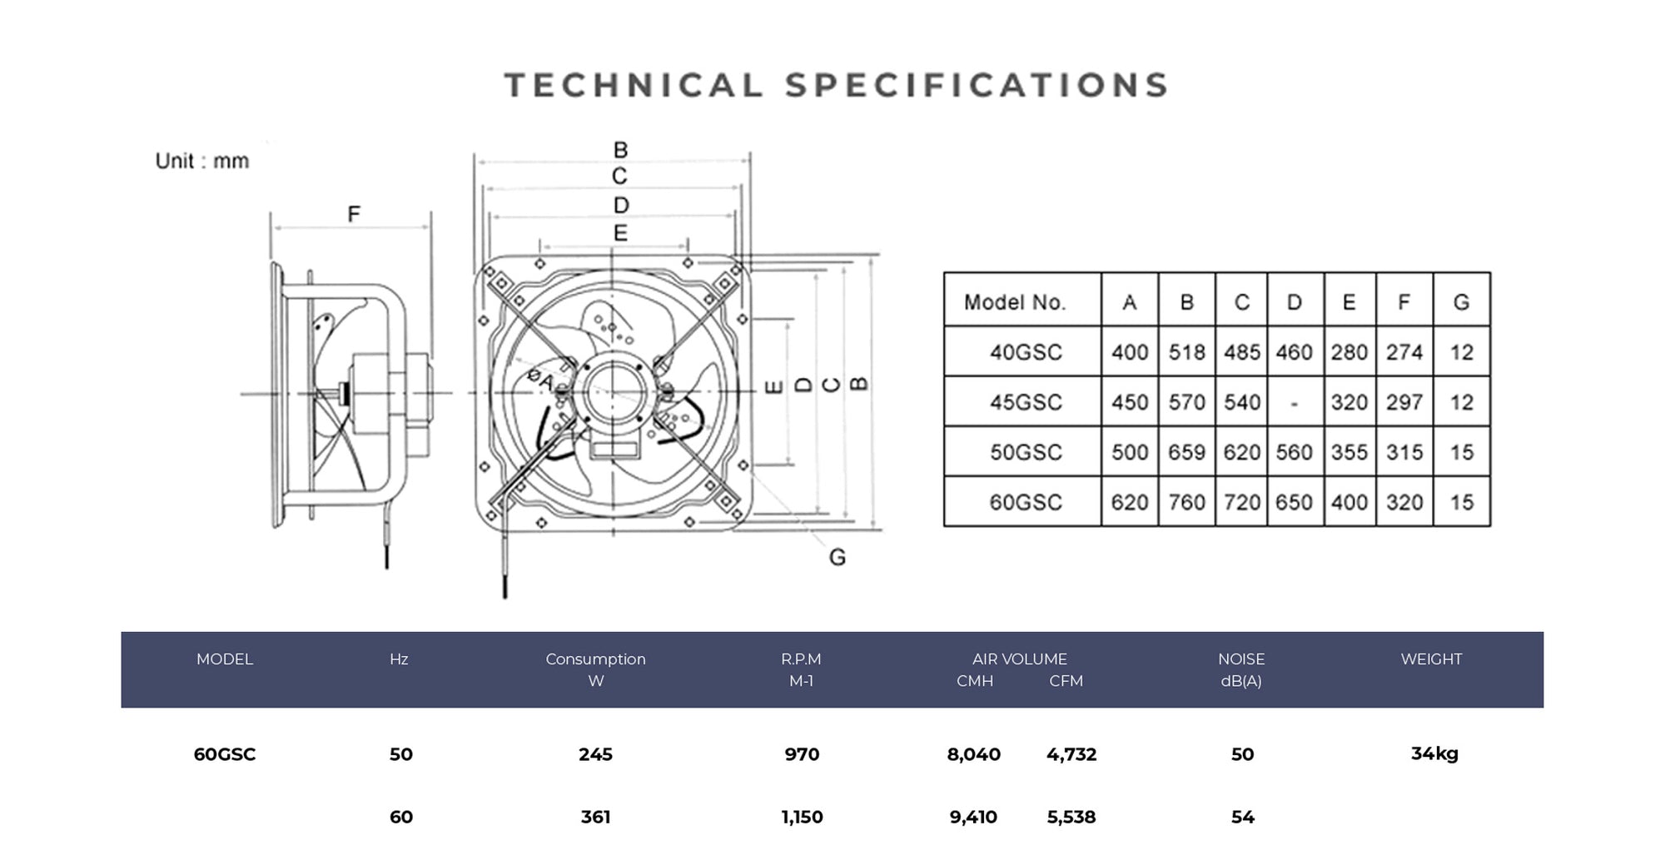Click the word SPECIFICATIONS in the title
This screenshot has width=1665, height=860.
(977, 86)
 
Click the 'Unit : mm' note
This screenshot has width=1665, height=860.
(201, 161)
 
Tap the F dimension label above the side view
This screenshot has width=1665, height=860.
(354, 214)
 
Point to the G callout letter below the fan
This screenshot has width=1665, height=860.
(837, 557)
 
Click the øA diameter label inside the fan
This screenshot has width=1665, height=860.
(539, 380)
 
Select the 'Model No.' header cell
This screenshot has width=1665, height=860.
(1015, 302)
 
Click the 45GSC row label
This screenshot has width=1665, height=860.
(1026, 402)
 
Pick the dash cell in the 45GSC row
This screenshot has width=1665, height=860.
(1294, 403)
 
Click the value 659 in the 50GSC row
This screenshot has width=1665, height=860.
(1186, 452)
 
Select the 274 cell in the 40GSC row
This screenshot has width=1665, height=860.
(1404, 352)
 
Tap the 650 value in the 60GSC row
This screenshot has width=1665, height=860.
(1294, 502)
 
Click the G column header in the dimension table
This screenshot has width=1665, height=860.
(1461, 302)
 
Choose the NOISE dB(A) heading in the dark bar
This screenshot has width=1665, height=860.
(1241, 669)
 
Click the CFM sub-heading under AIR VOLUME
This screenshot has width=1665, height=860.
(1066, 681)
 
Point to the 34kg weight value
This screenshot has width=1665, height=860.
(1434, 753)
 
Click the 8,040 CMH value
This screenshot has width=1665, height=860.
(973, 754)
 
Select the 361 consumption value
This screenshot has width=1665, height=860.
(595, 817)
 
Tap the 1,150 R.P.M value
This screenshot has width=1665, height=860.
(802, 817)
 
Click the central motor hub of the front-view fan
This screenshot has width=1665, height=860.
(614, 391)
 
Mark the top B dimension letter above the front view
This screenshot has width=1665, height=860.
(620, 150)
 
